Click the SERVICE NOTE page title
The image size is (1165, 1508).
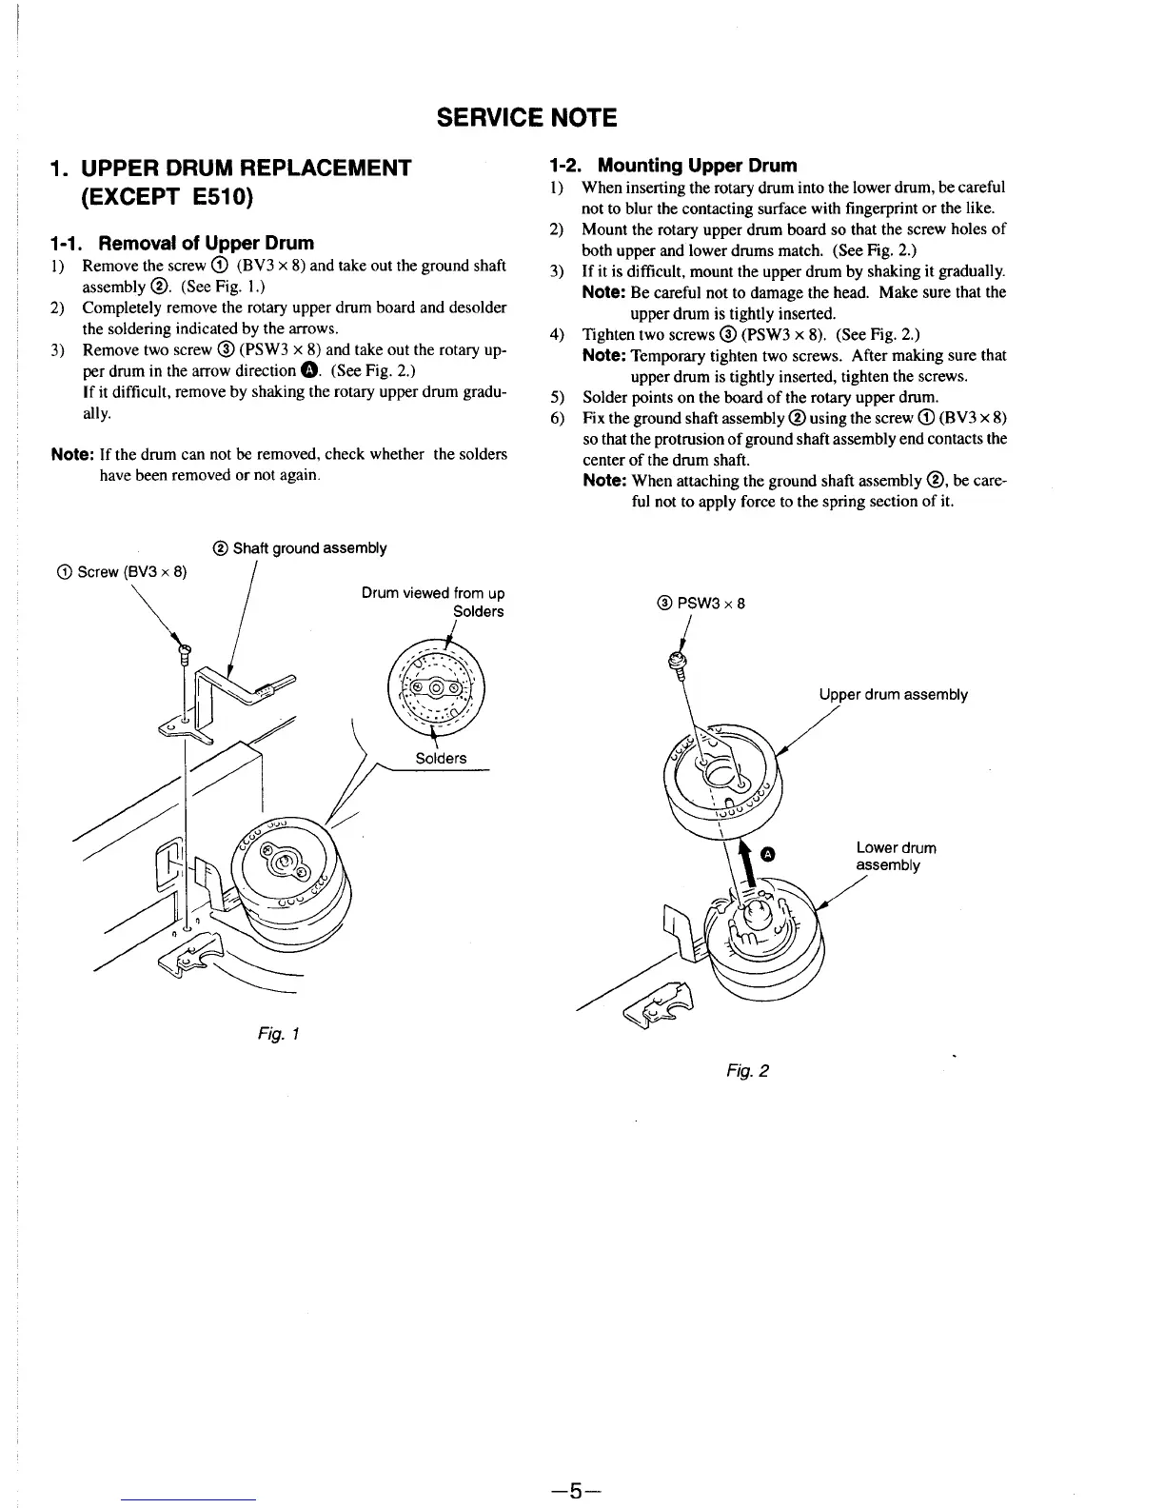[x=526, y=118]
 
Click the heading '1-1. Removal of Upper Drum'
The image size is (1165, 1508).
[x=182, y=243]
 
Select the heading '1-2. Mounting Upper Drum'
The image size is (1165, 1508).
[x=674, y=165]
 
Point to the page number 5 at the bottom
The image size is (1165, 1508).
[x=575, y=1490]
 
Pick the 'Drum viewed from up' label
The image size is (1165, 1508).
[x=433, y=593]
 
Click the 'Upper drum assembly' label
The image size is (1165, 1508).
[x=893, y=695]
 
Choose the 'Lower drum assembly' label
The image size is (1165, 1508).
[x=895, y=856]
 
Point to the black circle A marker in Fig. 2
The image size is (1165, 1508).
[x=770, y=853]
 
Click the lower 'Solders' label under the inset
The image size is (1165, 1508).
[x=441, y=758]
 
